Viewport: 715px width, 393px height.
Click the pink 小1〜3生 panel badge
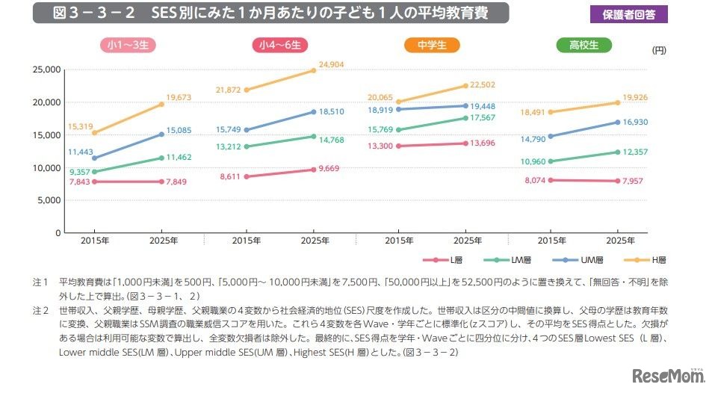pyautogui.click(x=127, y=46)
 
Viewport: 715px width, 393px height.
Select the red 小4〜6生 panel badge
pyautogui.click(x=279, y=46)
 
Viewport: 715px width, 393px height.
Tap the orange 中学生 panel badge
pyautogui.click(x=431, y=46)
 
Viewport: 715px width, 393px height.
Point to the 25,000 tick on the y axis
pyautogui.click(x=46, y=69)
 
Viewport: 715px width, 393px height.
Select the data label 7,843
pyautogui.click(x=80, y=182)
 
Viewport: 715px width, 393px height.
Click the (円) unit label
pyautogui.click(x=657, y=51)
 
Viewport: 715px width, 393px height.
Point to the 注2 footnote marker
pyautogui.click(x=40, y=308)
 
